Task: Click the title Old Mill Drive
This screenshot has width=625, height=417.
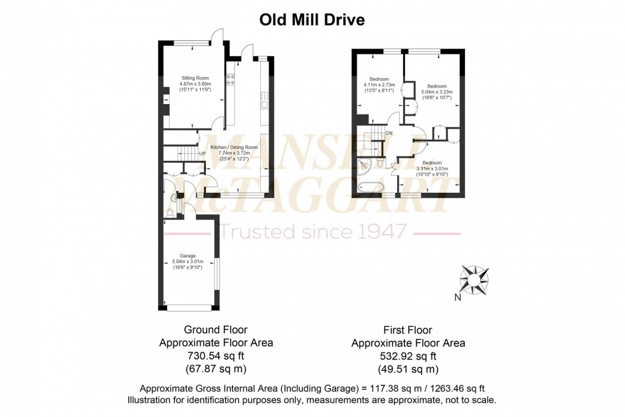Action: pyautogui.click(x=312, y=20)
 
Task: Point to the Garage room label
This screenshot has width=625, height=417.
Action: pyautogui.click(x=187, y=255)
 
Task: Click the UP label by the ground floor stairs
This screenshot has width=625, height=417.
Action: pyautogui.click(x=202, y=154)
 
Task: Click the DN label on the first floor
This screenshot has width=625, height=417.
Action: pyautogui.click(x=388, y=132)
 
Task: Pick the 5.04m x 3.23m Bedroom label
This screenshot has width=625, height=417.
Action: pyautogui.click(x=436, y=86)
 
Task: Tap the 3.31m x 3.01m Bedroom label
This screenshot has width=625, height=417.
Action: pyautogui.click(x=432, y=163)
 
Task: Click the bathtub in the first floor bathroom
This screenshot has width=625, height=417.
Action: pyautogui.click(x=371, y=188)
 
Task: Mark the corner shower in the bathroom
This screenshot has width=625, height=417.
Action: pyautogui.click(x=364, y=167)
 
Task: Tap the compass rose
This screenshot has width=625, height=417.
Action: pyautogui.click(x=475, y=278)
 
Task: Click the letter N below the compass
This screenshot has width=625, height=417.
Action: pyautogui.click(x=457, y=298)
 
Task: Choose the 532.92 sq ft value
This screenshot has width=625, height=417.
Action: pyautogui.click(x=408, y=356)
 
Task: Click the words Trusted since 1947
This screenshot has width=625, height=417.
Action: pyautogui.click(x=312, y=231)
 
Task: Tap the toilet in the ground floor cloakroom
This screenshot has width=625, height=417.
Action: pyautogui.click(x=169, y=213)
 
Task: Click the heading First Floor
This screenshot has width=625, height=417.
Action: pyautogui.click(x=408, y=330)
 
